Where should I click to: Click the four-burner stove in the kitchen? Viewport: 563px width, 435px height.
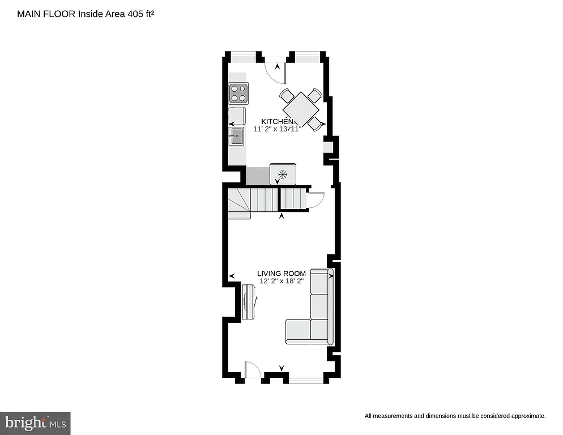[x=238, y=93]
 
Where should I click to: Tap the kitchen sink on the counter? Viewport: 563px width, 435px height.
[x=236, y=136]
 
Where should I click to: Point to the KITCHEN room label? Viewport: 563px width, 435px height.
[x=278, y=122]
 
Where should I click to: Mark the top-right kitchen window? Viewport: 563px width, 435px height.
[x=307, y=54]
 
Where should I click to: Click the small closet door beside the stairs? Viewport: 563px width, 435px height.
[x=315, y=200]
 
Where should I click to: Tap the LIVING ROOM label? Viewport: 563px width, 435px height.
[x=281, y=274]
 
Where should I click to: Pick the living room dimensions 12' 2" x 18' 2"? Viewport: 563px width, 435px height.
[x=281, y=281]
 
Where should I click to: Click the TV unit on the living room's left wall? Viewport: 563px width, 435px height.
[x=248, y=302]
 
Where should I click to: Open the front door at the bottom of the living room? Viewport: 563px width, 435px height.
[x=252, y=372]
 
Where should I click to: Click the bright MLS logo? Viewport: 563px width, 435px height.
[x=35, y=423]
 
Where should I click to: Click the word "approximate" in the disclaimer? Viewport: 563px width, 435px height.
[x=526, y=416]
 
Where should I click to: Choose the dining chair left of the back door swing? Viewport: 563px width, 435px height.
[x=287, y=95]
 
